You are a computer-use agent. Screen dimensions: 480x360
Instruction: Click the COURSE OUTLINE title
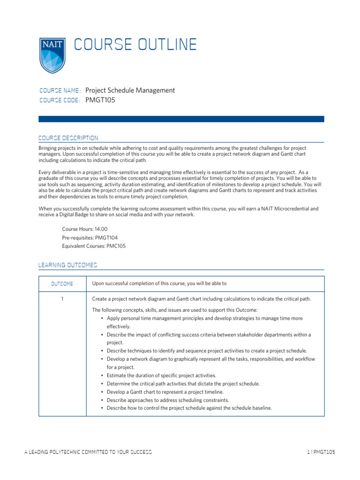[x=135, y=45]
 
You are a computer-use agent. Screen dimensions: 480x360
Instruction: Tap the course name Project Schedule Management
[x=130, y=90]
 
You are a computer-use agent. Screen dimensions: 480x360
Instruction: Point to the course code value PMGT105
[x=100, y=100]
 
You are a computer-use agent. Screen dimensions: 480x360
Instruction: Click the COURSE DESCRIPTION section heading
[x=68, y=138]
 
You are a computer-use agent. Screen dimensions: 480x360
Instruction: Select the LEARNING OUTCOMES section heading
[x=67, y=266]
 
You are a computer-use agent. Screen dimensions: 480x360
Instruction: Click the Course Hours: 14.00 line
[x=85, y=229]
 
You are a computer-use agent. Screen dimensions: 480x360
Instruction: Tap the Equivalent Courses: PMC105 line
[x=94, y=246]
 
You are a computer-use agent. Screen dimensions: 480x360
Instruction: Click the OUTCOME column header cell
[x=62, y=284]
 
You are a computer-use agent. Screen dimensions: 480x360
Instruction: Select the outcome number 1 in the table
[x=62, y=299]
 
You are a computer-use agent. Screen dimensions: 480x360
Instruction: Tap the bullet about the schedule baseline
[x=189, y=408]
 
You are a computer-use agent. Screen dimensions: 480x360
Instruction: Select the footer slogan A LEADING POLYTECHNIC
[x=88, y=452]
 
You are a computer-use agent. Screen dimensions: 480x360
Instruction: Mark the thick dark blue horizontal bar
[x=181, y=119]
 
